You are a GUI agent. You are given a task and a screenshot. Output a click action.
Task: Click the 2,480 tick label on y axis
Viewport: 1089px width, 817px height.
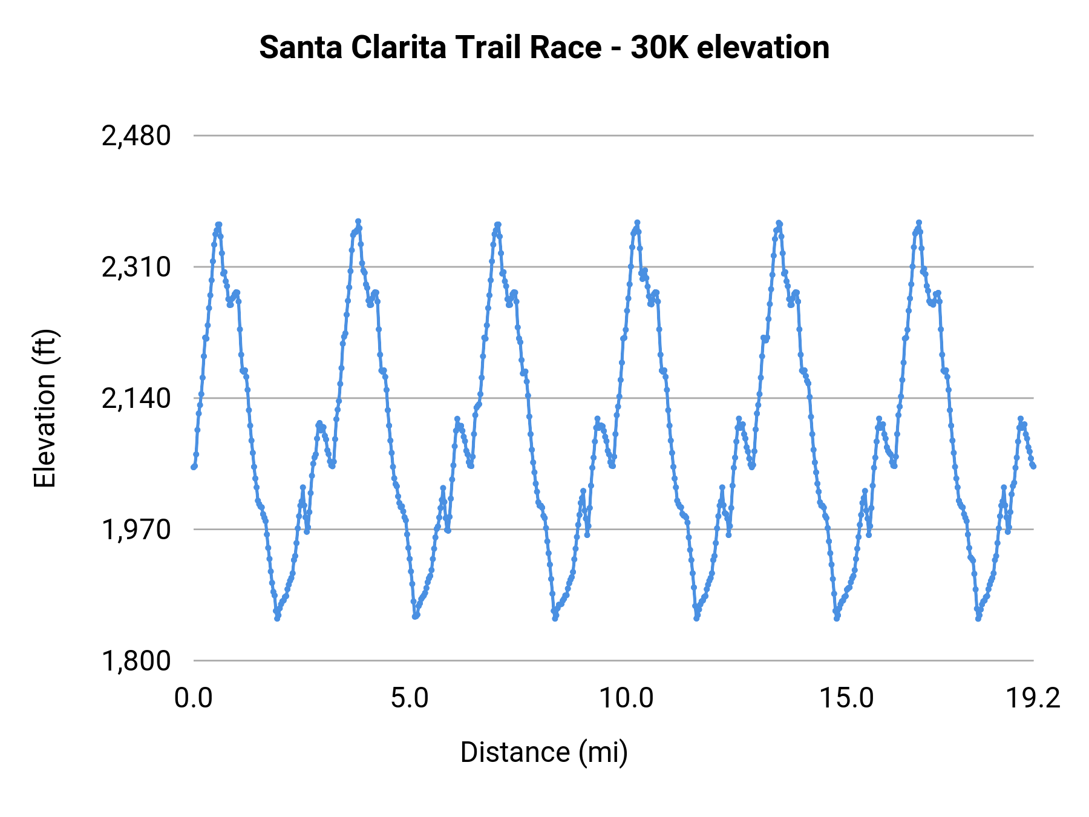tap(136, 136)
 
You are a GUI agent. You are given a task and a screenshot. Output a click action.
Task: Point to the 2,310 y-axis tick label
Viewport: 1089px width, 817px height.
tap(136, 267)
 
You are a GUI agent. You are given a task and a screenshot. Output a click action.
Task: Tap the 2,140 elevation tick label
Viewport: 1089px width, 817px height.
tap(136, 398)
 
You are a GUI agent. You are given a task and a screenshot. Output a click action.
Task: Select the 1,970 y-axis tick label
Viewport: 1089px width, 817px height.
tap(136, 530)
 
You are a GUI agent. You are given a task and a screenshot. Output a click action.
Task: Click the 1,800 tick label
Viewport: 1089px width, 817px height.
tap(136, 660)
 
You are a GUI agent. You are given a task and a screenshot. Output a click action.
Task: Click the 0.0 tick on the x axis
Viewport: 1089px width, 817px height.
tap(193, 698)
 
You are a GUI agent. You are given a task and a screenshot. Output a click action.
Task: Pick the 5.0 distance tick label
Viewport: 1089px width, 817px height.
tap(410, 698)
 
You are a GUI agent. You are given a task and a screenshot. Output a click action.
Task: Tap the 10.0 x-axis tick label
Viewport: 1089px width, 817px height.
tap(626, 698)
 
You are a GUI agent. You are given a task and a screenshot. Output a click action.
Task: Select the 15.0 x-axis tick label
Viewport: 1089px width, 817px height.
tap(846, 698)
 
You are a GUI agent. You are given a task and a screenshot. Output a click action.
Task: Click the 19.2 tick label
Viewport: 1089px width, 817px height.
tap(1033, 698)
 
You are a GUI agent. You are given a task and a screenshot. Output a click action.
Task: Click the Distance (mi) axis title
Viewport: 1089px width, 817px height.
tap(544, 752)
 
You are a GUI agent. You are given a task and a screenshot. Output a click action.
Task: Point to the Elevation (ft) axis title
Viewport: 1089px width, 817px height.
tap(45, 408)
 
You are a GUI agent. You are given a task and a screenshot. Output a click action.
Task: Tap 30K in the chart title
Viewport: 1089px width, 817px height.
tap(659, 48)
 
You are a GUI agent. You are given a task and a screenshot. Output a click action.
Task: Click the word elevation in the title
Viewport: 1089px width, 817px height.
tap(763, 48)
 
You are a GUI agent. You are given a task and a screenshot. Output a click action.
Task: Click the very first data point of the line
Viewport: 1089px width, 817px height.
tap(194, 467)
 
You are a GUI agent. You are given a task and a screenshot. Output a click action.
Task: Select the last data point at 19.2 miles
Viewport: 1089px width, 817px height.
tap(1034, 466)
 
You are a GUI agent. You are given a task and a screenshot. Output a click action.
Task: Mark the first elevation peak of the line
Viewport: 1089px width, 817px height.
tap(218, 225)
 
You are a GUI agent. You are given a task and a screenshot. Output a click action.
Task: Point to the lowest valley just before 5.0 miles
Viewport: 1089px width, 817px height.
tap(415, 616)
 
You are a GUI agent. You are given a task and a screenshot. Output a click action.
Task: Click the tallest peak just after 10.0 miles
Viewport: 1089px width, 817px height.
tap(637, 223)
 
